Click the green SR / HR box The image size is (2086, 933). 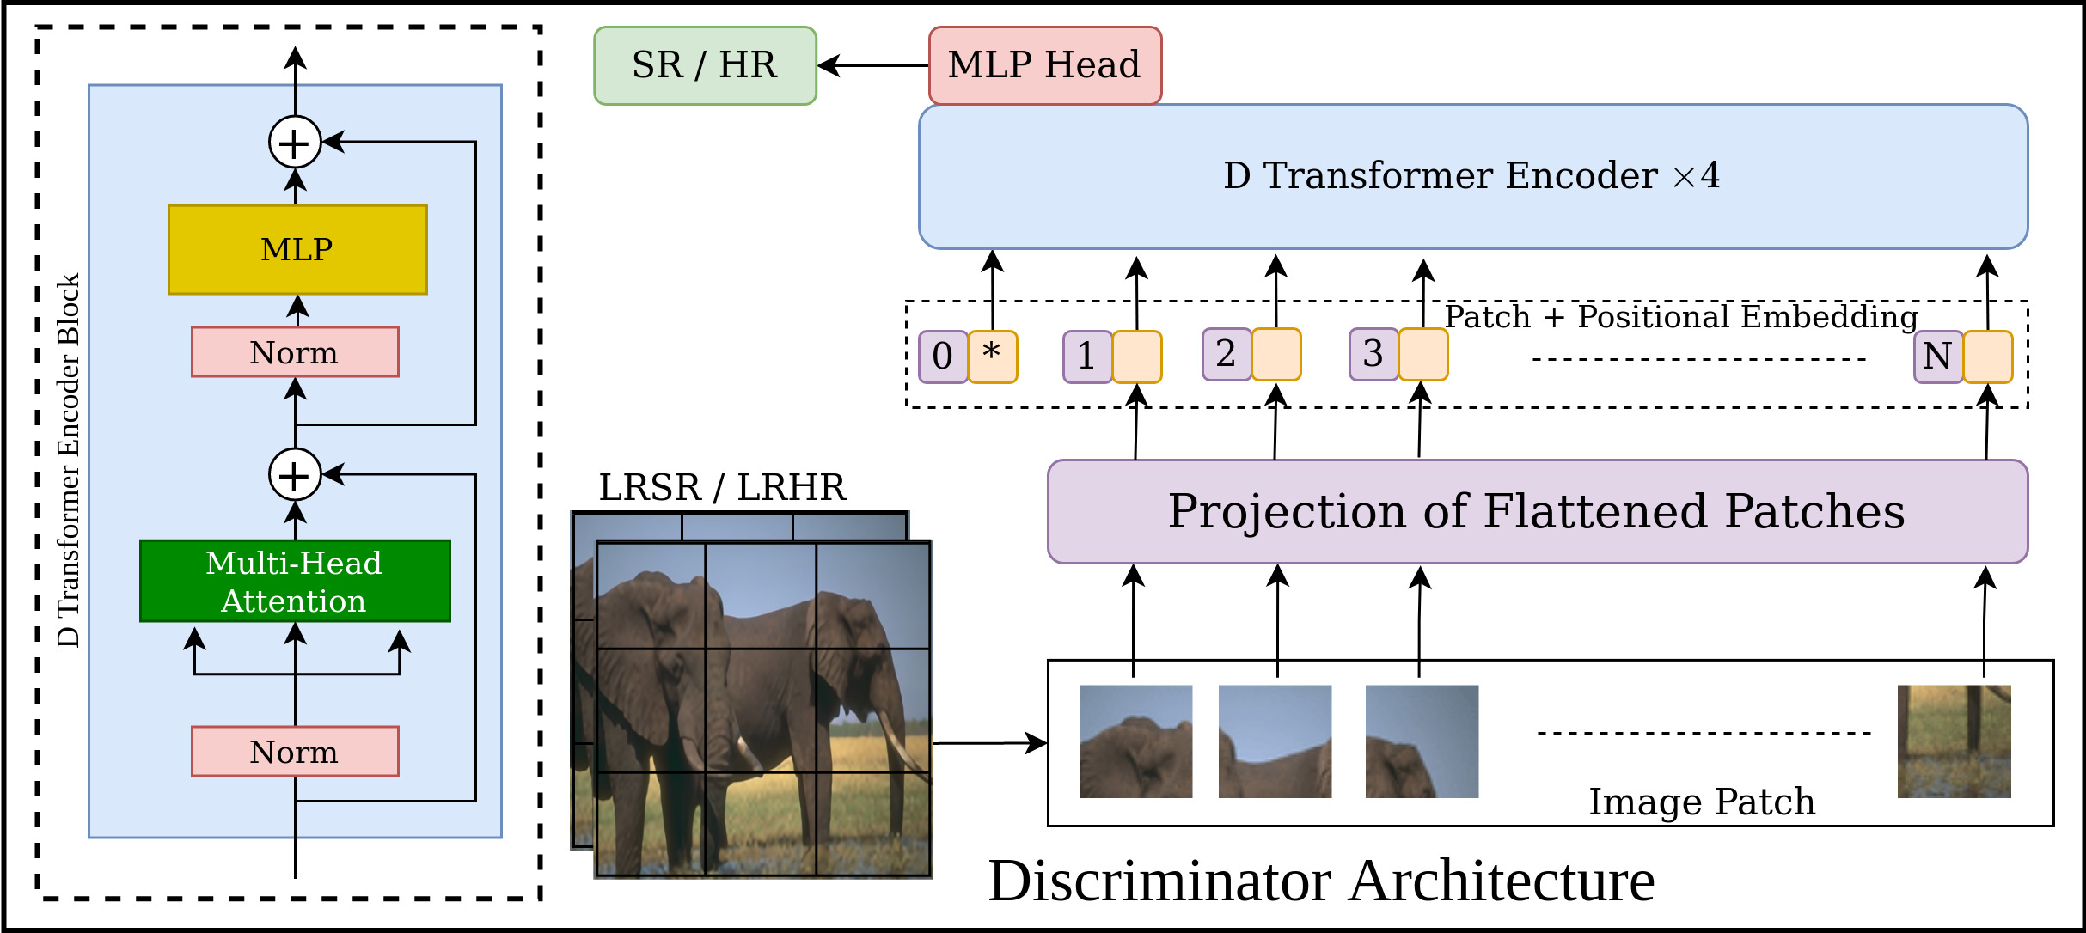point(705,65)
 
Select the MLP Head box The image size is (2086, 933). point(1044,65)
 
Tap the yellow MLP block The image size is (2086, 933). point(297,249)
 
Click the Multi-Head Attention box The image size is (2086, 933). point(295,581)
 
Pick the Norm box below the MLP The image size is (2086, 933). point(295,352)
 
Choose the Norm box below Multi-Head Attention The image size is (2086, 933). point(295,751)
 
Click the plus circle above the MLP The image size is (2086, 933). point(295,143)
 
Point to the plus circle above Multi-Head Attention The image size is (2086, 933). point(295,474)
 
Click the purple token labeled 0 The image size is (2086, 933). point(943,356)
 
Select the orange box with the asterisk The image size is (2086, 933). point(993,356)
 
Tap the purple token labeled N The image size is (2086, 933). point(1937,356)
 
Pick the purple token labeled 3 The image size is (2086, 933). point(1373,354)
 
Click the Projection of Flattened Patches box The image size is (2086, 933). point(1537,512)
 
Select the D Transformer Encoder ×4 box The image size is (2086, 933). point(1472,176)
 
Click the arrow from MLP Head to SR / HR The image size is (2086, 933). point(872,65)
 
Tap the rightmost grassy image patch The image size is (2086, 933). point(1954,741)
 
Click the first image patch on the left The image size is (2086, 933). point(1135,741)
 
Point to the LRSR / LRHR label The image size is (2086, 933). point(722,487)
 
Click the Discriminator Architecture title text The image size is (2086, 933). point(1321,881)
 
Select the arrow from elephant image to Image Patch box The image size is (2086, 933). point(988,743)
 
